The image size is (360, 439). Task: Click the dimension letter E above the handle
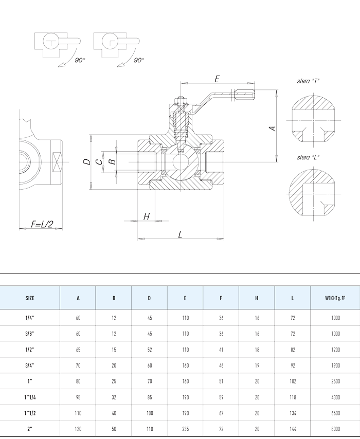click(217, 79)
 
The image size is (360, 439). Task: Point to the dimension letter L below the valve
click(180, 234)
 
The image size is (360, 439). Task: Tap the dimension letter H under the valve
click(146, 216)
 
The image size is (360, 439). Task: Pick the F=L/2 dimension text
click(42, 224)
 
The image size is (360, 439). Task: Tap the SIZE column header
click(30, 298)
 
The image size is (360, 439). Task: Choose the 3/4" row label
click(30, 365)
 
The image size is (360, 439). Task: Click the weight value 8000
click(336, 429)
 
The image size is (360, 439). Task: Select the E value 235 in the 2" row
click(185, 429)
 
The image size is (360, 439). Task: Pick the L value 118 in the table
click(293, 397)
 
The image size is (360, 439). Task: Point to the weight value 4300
click(336, 397)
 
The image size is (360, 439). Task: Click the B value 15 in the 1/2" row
click(114, 350)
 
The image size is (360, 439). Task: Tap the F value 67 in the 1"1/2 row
click(221, 413)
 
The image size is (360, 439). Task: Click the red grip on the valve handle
click(245, 94)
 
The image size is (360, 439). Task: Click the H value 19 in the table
click(257, 365)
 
